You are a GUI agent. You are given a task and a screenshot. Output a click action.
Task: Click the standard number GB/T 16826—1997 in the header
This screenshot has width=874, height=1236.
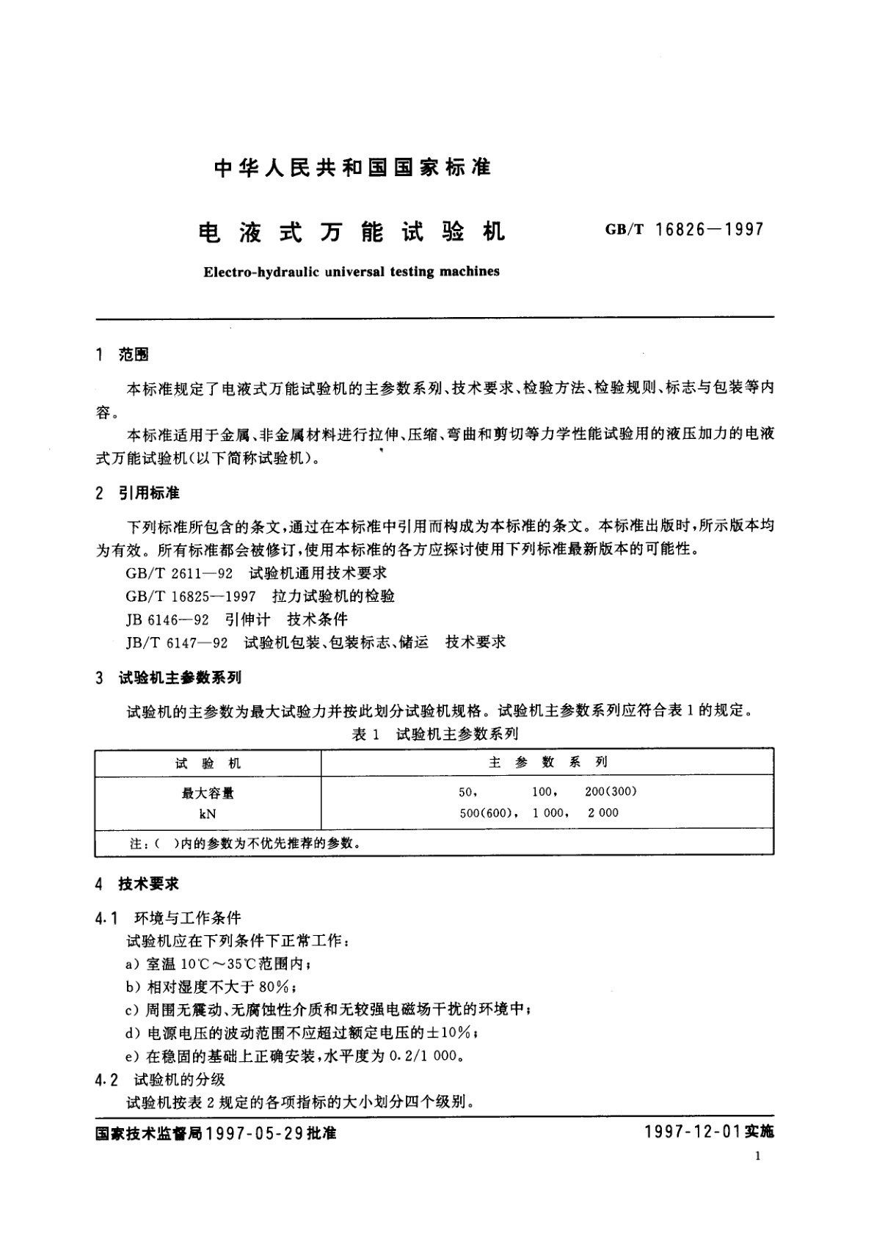coord(684,230)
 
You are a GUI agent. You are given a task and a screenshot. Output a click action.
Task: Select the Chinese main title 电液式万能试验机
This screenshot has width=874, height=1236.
coord(352,232)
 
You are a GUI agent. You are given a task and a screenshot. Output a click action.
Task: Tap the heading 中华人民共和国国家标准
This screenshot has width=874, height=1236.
coord(352,168)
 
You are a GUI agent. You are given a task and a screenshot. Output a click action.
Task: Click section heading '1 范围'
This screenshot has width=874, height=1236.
coord(123,355)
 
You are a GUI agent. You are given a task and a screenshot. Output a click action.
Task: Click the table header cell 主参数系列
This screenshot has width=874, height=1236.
coord(547,763)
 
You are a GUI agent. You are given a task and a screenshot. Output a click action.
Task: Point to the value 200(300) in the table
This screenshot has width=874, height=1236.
coord(611,791)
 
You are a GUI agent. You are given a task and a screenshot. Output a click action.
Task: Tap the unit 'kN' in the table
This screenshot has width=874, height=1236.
coord(208,814)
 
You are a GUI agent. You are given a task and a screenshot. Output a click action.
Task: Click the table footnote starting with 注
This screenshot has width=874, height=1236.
coord(245,843)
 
